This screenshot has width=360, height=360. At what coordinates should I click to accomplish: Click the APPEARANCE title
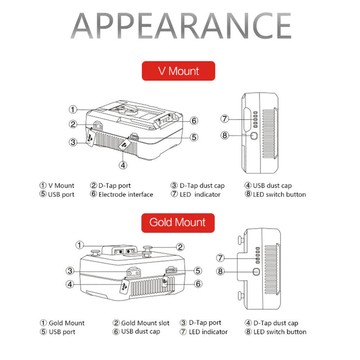[181, 26]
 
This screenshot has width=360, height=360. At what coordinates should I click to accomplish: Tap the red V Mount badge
[179, 71]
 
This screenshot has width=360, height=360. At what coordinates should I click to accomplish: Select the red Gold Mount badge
[178, 223]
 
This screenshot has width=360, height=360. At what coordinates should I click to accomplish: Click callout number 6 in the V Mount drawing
[194, 120]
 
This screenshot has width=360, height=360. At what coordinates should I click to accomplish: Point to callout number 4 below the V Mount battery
[123, 165]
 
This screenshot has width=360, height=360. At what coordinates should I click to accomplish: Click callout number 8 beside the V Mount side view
[225, 135]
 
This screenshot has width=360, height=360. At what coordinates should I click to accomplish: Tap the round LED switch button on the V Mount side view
[254, 136]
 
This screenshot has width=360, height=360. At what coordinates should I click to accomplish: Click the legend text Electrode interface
[126, 194]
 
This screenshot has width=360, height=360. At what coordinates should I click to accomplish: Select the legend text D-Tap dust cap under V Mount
[202, 185]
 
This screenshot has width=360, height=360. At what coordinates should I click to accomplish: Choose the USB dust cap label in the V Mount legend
[272, 185]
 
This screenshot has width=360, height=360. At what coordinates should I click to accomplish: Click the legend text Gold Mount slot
[145, 323]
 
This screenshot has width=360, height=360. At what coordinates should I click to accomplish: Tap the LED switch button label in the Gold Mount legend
[280, 332]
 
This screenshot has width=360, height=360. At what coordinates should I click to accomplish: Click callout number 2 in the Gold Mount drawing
[180, 247]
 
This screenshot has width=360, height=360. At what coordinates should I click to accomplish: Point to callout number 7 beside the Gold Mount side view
[220, 258]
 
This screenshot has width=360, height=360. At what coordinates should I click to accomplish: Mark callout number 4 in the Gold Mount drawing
[70, 284]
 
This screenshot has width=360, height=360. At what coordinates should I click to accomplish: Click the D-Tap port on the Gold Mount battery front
[134, 272]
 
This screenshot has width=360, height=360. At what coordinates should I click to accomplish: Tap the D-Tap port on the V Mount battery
[98, 126]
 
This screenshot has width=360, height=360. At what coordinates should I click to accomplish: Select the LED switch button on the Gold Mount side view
[256, 271]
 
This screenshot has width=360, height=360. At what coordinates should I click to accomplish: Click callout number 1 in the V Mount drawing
[73, 109]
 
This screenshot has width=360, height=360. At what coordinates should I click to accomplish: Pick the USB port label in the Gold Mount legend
[62, 332]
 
